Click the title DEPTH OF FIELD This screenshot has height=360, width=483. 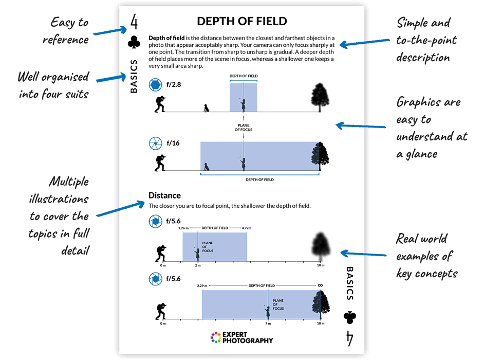(242, 21)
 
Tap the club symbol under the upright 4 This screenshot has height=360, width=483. (134, 42)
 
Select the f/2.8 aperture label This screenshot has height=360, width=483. (174, 84)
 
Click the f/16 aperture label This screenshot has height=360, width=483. (173, 143)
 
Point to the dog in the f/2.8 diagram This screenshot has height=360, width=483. (206, 108)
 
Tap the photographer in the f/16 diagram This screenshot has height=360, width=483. (160, 163)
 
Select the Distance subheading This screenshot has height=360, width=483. (164, 195)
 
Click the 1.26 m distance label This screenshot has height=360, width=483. (183, 228)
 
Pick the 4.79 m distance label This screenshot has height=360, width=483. (247, 228)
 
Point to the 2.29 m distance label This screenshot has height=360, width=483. (202, 286)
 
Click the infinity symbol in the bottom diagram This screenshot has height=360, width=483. (320, 285)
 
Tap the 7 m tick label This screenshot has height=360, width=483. (268, 323)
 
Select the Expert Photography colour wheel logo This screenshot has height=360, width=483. (216, 337)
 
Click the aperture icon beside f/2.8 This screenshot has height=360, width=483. (155, 85)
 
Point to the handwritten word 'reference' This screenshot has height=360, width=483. (66, 40)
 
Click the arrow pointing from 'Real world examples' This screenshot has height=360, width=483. (363, 254)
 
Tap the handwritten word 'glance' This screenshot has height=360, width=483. (421, 154)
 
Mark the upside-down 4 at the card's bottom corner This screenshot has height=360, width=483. (349, 338)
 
